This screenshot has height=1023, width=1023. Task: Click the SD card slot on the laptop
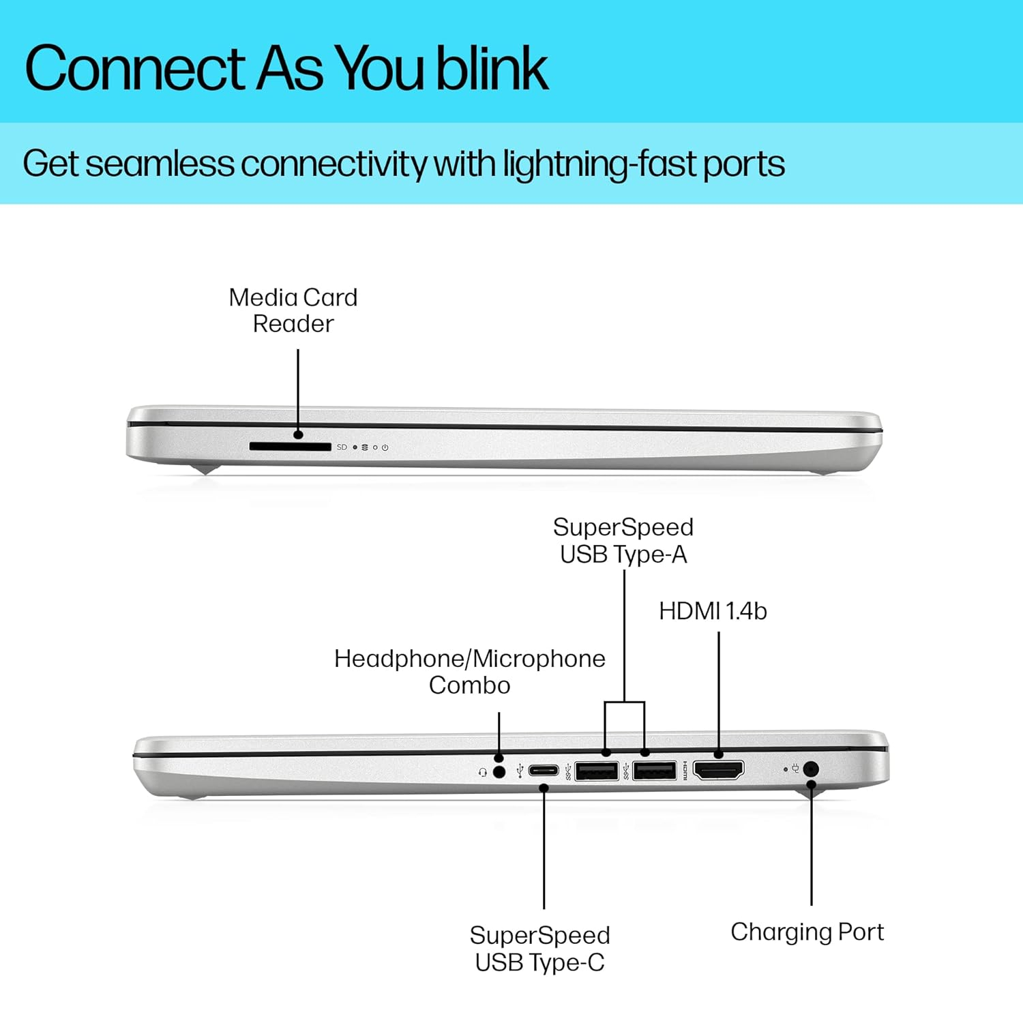(x=290, y=447)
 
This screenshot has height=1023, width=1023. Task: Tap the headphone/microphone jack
(x=499, y=772)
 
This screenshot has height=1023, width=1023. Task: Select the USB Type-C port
(x=544, y=771)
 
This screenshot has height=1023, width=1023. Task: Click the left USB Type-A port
(x=597, y=771)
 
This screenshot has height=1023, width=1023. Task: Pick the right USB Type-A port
(x=655, y=771)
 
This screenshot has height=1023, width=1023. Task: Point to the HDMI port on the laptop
(x=718, y=770)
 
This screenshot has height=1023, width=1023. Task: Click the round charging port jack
(x=811, y=769)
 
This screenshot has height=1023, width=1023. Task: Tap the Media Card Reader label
(x=293, y=310)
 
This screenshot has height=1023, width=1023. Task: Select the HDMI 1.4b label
(x=713, y=611)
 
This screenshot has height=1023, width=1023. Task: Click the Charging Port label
(x=807, y=932)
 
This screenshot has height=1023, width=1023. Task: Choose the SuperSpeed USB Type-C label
(x=539, y=949)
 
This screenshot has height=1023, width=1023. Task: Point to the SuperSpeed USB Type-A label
(x=623, y=541)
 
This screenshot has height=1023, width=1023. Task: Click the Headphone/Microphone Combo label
(x=470, y=672)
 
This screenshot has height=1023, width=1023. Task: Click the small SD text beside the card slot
(x=342, y=447)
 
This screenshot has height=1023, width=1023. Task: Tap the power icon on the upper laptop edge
(x=385, y=447)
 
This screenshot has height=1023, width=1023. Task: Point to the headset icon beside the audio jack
(x=483, y=773)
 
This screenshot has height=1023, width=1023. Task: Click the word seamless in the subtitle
(x=160, y=164)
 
